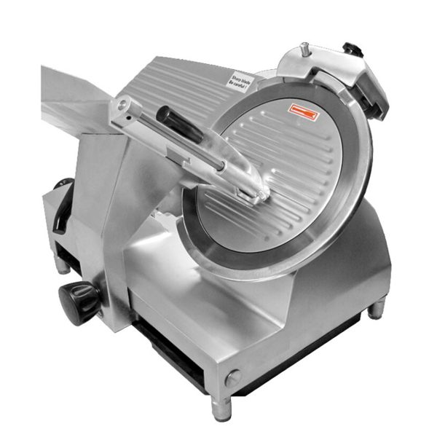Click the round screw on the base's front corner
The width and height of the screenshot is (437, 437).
click(232, 377)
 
